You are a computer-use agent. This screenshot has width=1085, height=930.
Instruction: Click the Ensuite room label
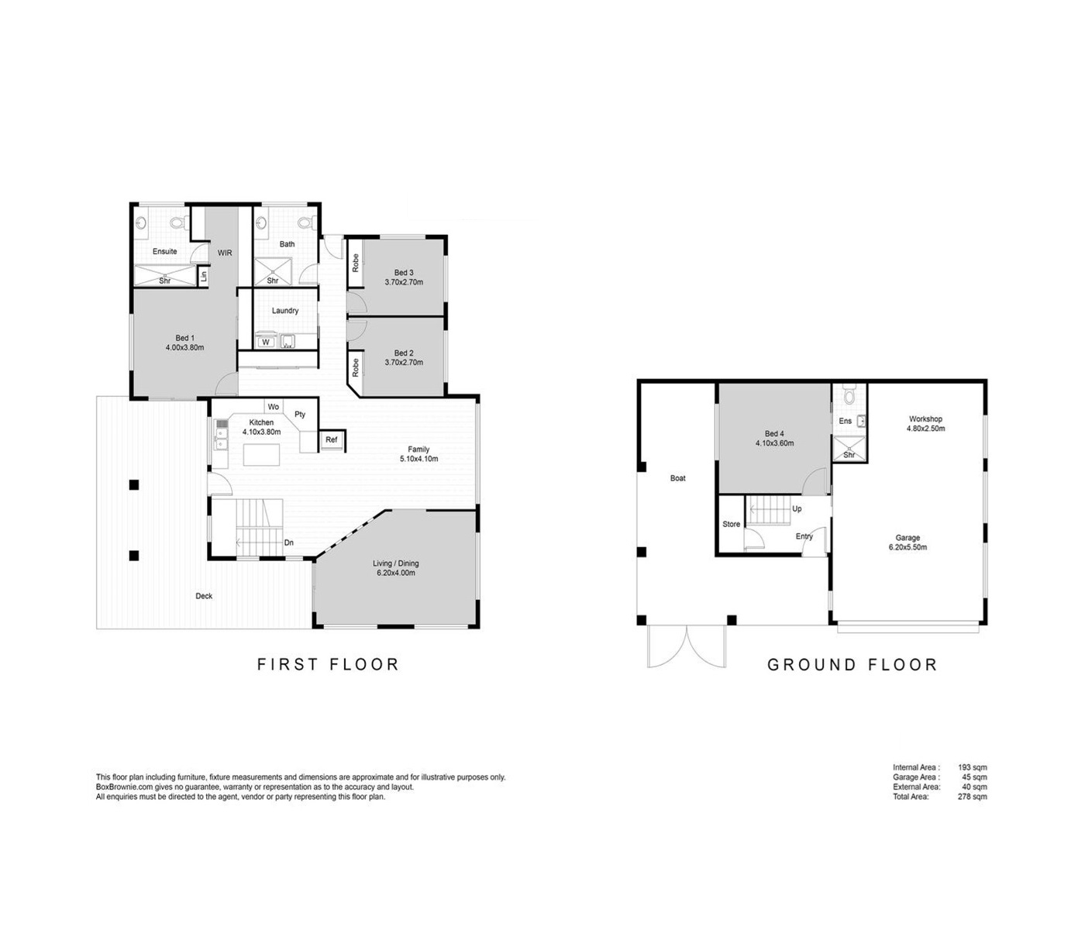[165, 251]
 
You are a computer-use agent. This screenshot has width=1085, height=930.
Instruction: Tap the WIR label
[225, 253]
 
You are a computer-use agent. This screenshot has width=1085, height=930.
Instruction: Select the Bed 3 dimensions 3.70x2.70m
[404, 282]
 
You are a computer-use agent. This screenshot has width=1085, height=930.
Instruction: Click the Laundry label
[285, 311]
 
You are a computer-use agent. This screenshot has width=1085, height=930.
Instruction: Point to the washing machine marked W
[266, 343]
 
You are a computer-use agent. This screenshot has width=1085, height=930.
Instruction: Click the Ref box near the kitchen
[332, 439]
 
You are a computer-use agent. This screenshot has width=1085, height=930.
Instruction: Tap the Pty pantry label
[300, 414]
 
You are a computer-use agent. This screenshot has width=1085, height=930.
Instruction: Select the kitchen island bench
[261, 454]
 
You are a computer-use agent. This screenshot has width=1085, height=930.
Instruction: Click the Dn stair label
[289, 542]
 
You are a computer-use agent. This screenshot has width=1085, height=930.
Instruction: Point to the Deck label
[204, 596]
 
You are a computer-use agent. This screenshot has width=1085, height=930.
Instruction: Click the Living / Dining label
[396, 563]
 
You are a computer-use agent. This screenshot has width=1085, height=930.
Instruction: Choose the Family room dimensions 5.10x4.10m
[418, 459]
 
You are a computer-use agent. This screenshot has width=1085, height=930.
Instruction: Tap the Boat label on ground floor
[677, 478]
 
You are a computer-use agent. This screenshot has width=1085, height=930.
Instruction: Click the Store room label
[731, 524]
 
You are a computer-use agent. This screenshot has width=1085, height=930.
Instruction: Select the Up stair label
[797, 508]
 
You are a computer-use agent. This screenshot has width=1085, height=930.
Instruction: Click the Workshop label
[925, 418]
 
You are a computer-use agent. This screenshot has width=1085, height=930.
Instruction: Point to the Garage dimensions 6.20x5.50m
[908, 547]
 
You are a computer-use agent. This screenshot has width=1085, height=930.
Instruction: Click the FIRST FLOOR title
[328, 664]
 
